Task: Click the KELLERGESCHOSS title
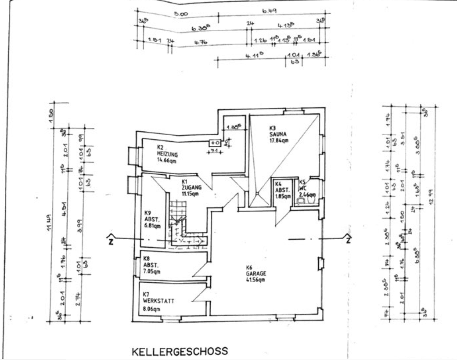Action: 180,351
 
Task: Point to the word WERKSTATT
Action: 158,301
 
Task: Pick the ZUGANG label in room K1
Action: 191,187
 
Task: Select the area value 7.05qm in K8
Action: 152,272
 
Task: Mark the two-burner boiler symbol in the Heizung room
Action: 215,142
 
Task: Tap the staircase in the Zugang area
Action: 180,220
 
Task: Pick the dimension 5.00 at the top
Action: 180,14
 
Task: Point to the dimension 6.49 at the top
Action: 269,11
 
